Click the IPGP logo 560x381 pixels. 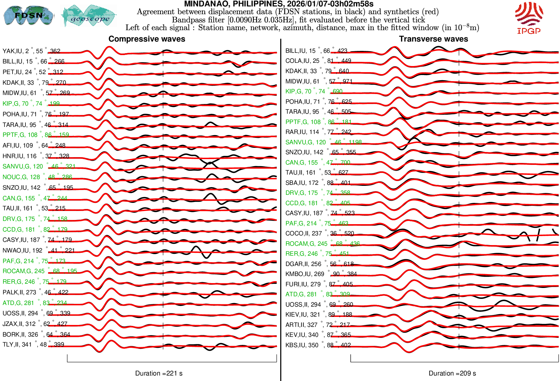[x=529, y=18]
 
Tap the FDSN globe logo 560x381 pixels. [x=28, y=15]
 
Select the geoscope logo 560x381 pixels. [x=89, y=16]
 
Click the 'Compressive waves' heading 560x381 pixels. [x=147, y=39]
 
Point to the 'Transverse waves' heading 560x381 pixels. [x=434, y=39]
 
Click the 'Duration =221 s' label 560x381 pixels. [x=159, y=373]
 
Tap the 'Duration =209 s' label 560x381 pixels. [x=452, y=373]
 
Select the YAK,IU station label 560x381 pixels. [x=31, y=51]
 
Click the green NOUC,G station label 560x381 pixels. [x=37, y=177]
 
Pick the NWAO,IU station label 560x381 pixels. [x=38, y=250]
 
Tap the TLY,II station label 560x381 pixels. [x=33, y=344]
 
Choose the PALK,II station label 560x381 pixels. [x=35, y=292]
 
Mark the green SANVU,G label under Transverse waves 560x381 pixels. [x=323, y=142]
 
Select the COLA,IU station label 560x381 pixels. [x=318, y=61]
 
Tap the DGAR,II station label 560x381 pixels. [x=319, y=264]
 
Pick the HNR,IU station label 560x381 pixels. [x=36, y=156]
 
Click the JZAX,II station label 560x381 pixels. [x=35, y=324]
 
